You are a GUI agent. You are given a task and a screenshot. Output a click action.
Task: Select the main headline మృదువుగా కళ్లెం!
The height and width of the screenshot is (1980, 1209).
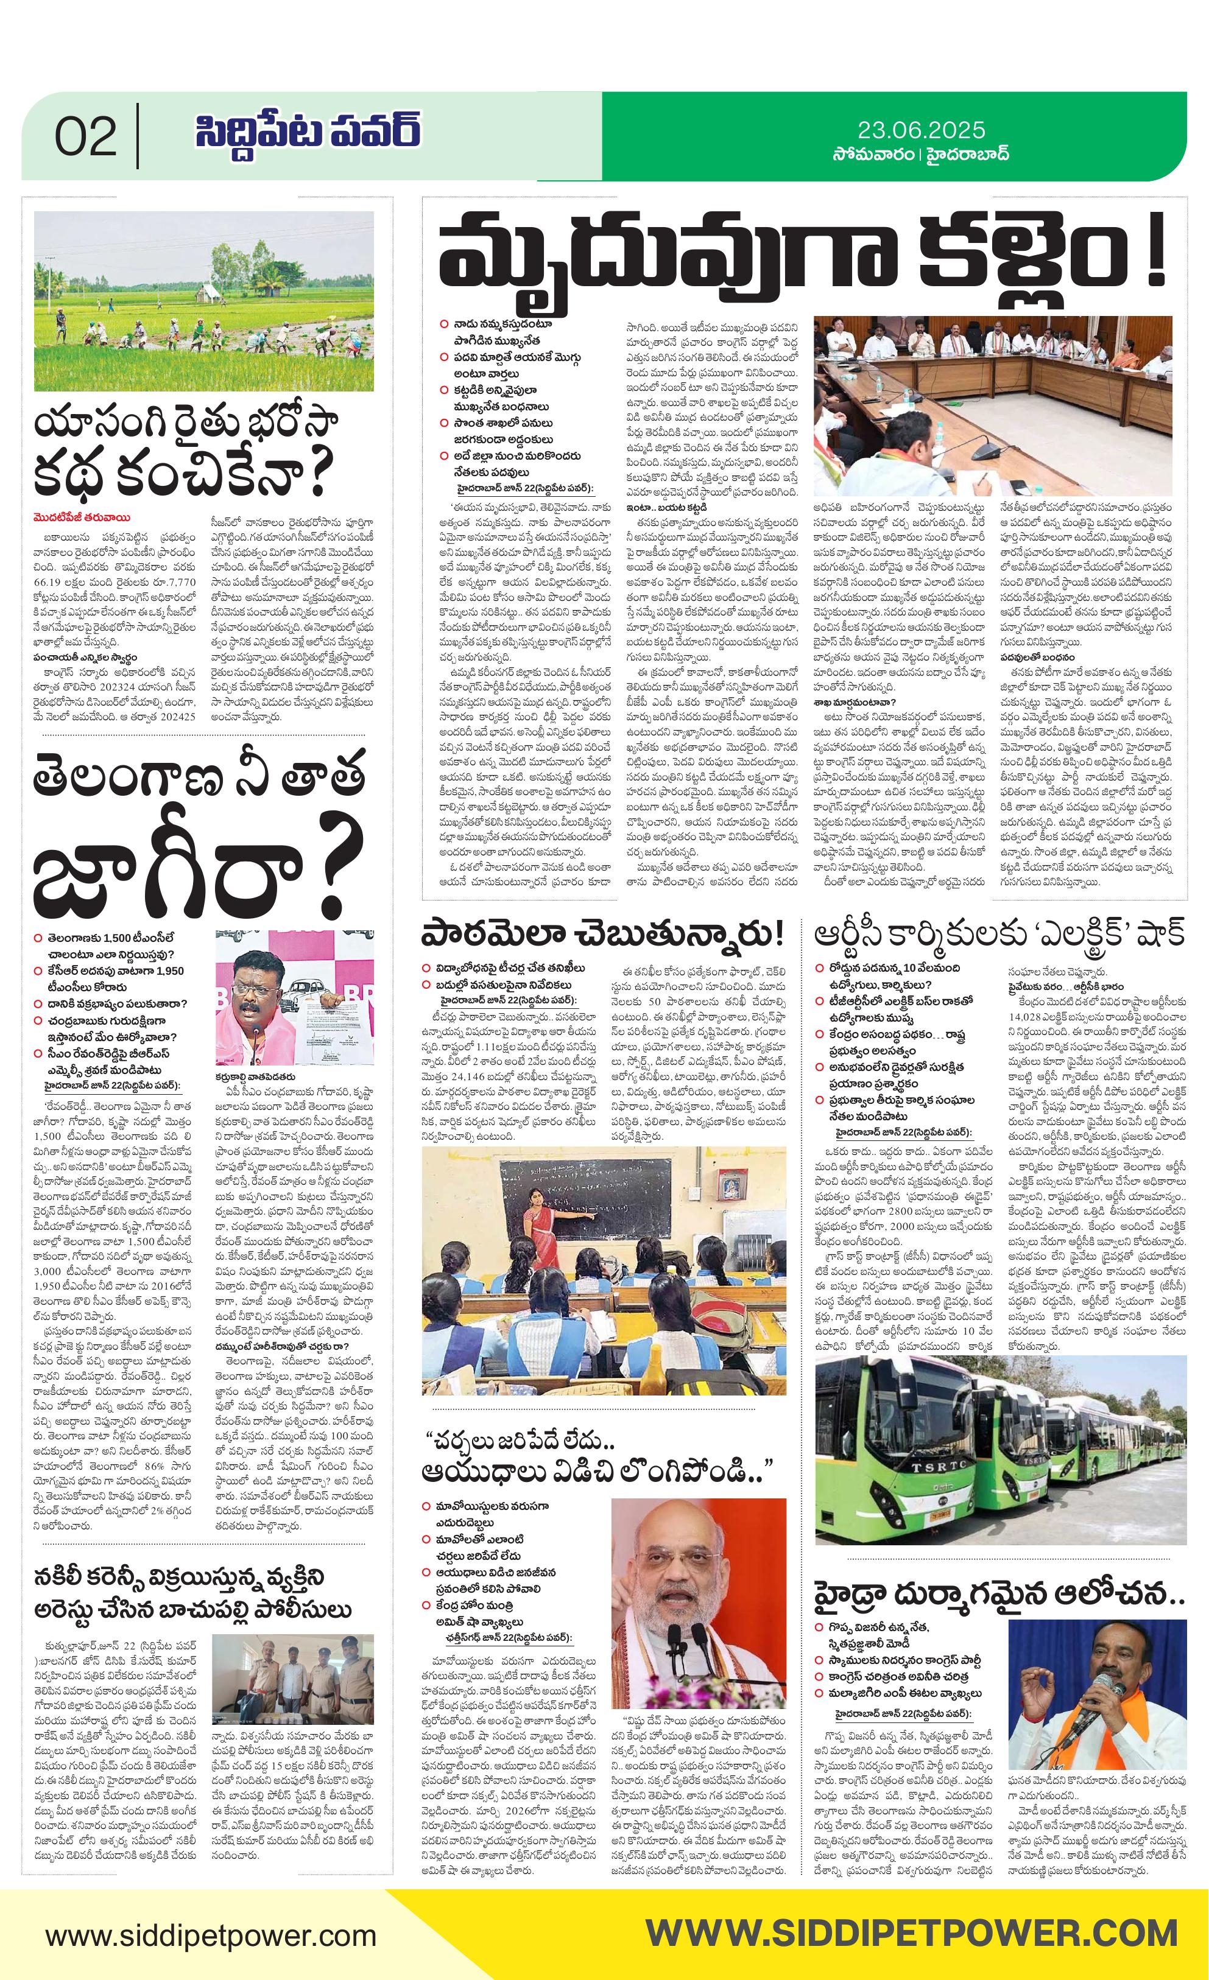(802, 256)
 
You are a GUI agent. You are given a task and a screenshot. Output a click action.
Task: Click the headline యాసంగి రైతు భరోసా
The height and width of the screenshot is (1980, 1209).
(186, 424)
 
